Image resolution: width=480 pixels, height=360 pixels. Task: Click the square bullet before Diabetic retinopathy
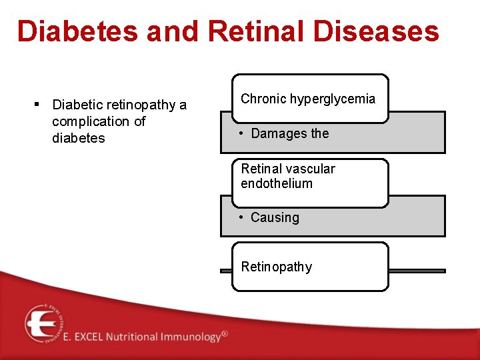pos(37,104)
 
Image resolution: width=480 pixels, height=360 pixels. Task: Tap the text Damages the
pos(290,133)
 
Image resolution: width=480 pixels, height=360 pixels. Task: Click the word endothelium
pos(276,183)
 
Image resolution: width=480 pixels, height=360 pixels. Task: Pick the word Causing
pos(275,217)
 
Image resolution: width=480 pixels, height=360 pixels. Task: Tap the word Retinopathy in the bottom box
pos(276,267)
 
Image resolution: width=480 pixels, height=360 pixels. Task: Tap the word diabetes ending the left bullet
pos(78,138)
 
